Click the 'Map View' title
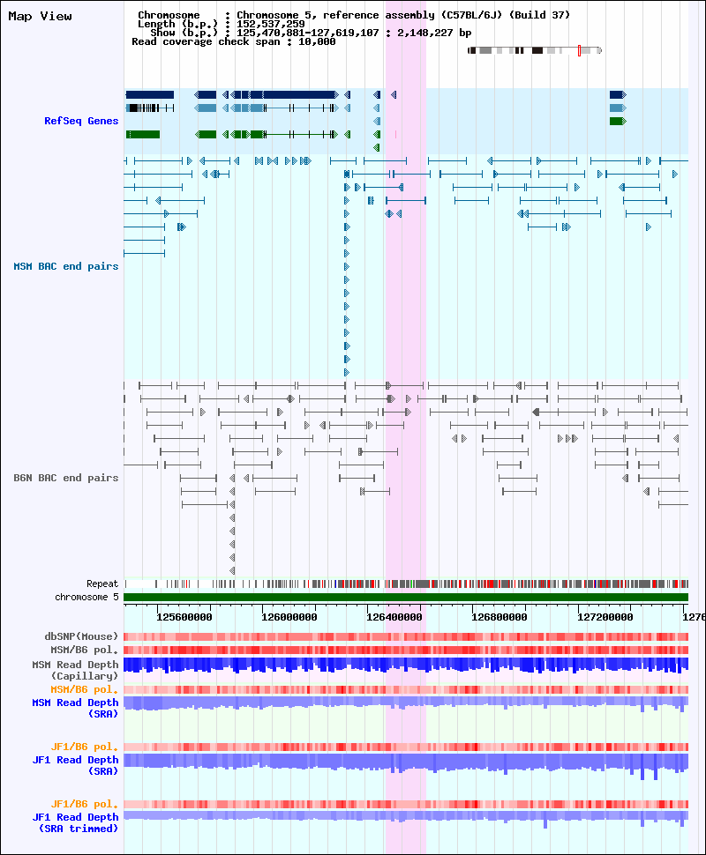tap(40, 17)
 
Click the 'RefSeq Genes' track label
tap(81, 121)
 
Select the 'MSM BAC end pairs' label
tap(66, 267)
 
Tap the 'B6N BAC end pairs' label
tap(66, 479)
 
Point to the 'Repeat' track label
tap(102, 584)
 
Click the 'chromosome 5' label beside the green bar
tap(86, 597)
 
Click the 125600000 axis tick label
tap(184, 617)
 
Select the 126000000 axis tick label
tap(289, 617)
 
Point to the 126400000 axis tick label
tap(394, 617)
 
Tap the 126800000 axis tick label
tap(499, 617)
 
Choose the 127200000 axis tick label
tap(605, 617)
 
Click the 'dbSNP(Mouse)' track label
tap(81, 637)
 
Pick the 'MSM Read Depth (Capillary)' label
tap(75, 670)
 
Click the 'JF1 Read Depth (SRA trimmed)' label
tap(75, 823)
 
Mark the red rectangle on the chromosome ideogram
tap(579, 51)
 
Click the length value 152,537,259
tap(271, 24)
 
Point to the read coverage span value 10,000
tap(317, 42)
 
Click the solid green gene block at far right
tap(618, 121)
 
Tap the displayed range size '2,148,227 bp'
tap(434, 33)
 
